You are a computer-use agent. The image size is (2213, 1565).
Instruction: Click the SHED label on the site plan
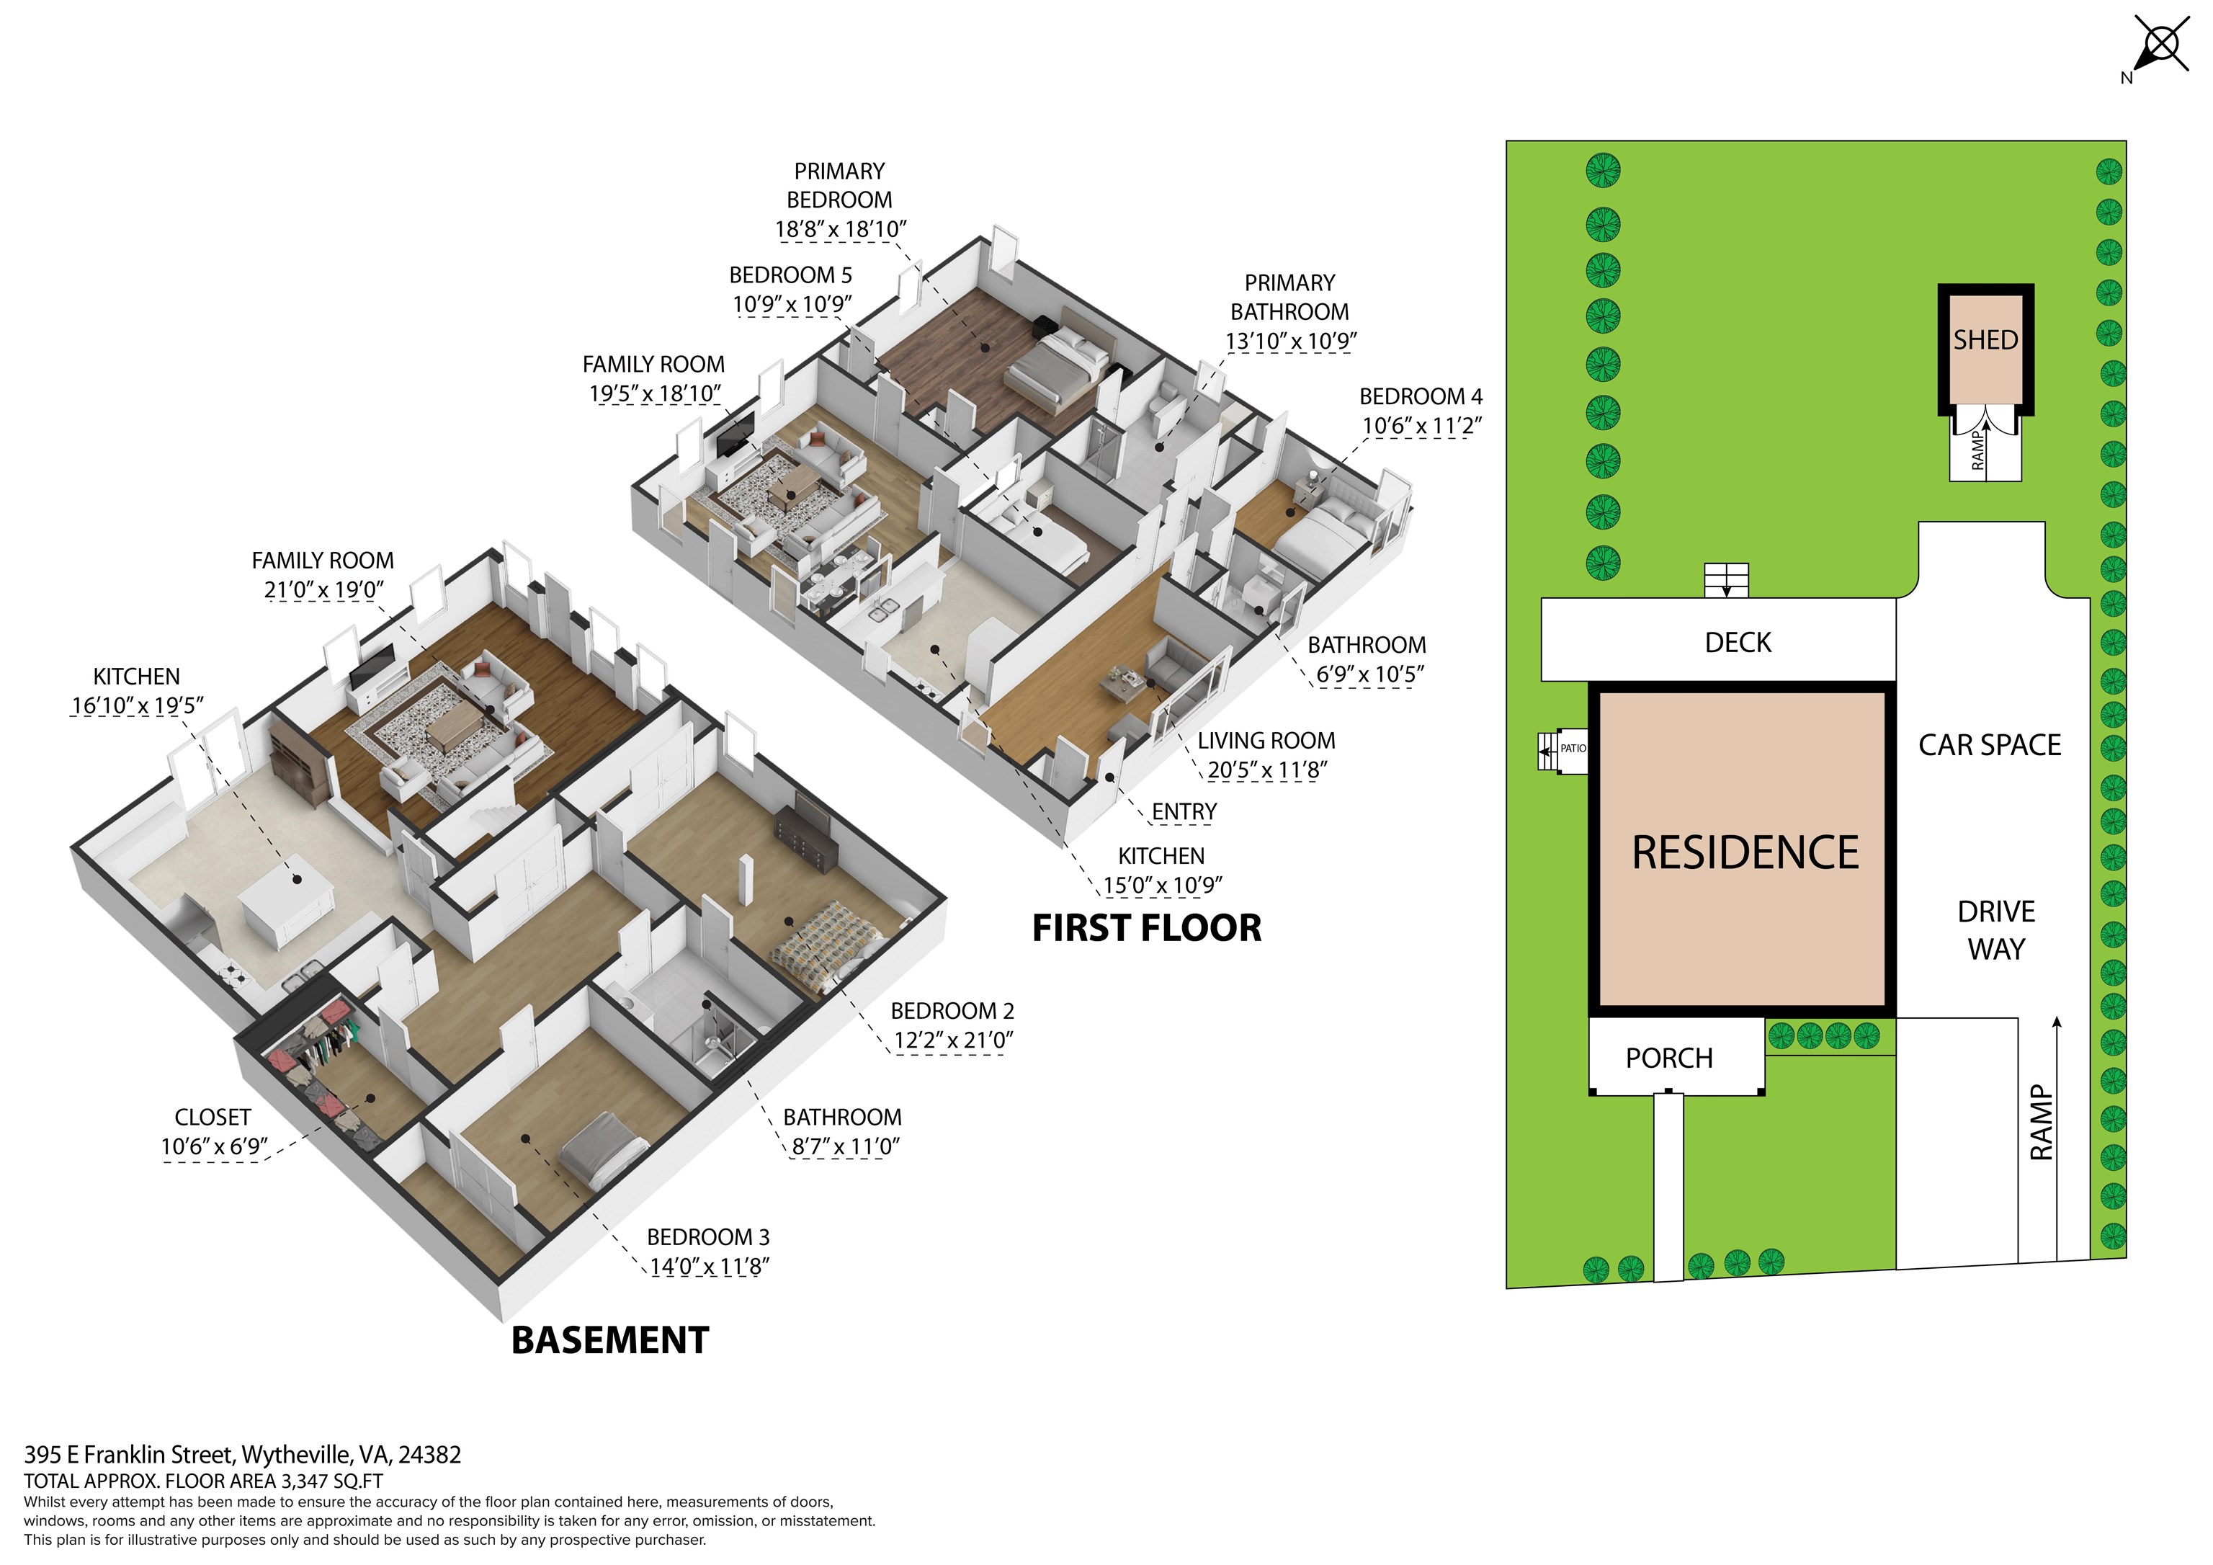pyautogui.click(x=1985, y=339)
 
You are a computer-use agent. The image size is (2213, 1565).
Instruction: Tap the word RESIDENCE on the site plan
pyautogui.click(x=1745, y=852)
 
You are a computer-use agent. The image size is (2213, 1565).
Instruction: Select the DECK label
pyautogui.click(x=1738, y=642)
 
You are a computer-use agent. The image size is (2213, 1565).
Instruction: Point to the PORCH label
pyautogui.click(x=1669, y=1058)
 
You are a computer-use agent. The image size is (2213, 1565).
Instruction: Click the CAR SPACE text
pyautogui.click(x=1990, y=744)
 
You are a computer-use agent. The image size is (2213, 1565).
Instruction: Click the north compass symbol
pyautogui.click(x=2159, y=46)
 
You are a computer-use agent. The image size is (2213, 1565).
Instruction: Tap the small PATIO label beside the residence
pyautogui.click(x=1573, y=748)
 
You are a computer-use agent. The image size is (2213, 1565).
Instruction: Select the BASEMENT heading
pyautogui.click(x=610, y=1340)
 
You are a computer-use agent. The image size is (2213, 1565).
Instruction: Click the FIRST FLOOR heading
pyautogui.click(x=1147, y=927)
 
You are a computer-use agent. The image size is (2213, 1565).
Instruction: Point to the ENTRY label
pyautogui.click(x=1184, y=812)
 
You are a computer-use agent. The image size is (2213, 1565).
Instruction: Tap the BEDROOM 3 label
pyautogui.click(x=708, y=1236)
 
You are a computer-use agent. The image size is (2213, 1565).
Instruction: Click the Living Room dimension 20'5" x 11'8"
pyautogui.click(x=1267, y=770)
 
